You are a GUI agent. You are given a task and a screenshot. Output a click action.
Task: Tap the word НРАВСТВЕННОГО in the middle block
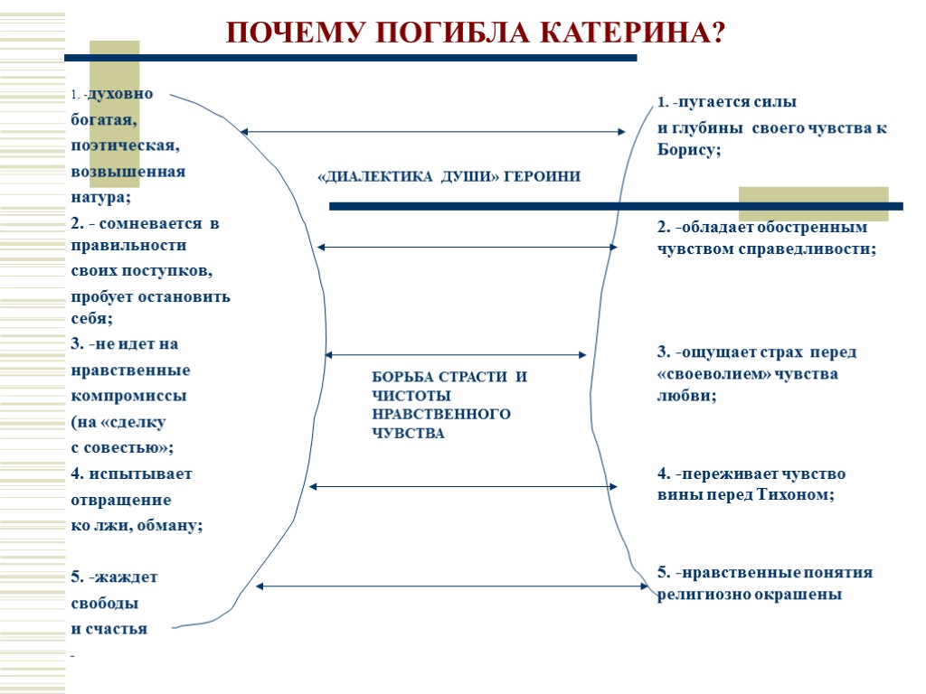(x=441, y=415)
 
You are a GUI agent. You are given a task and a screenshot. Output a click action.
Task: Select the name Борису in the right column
(x=686, y=151)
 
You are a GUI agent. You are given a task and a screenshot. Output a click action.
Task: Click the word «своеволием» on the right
(x=714, y=374)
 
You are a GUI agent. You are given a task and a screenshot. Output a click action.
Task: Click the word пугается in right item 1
(x=724, y=102)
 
